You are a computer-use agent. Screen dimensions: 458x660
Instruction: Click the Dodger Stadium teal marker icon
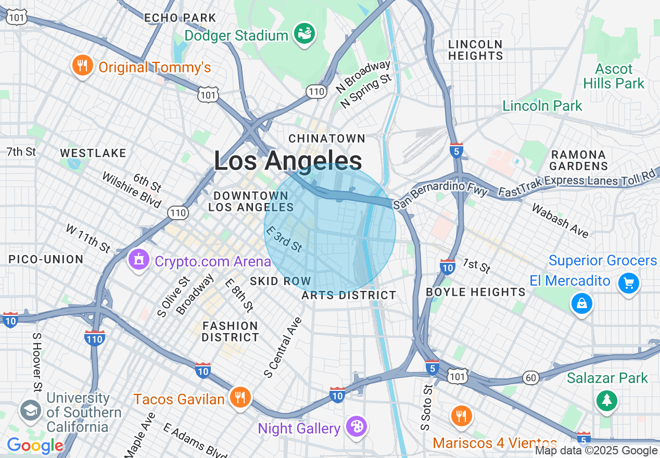click(x=304, y=34)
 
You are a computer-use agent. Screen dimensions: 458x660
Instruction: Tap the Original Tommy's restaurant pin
click(x=82, y=66)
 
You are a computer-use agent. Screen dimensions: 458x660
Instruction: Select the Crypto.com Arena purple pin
click(x=139, y=260)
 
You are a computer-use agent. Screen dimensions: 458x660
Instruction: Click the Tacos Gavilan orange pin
click(x=240, y=398)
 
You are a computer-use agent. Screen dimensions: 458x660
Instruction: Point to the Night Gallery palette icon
click(x=357, y=427)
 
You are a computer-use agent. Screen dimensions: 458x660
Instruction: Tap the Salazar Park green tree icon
click(x=607, y=400)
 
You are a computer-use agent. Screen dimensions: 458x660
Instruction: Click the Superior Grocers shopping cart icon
click(x=628, y=283)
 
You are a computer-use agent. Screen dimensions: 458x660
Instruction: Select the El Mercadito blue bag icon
click(x=581, y=302)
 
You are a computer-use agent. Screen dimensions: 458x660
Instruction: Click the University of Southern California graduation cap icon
click(x=31, y=411)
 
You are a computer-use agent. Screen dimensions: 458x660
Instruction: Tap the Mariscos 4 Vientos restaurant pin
click(x=461, y=415)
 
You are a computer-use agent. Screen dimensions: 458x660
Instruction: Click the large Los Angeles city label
click(x=288, y=161)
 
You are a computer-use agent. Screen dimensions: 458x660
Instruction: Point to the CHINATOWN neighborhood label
click(x=327, y=138)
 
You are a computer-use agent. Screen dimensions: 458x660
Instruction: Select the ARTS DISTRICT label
click(x=349, y=295)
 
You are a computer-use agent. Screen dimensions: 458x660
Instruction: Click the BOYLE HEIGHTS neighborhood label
click(x=475, y=292)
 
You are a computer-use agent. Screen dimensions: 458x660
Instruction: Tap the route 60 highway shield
click(x=531, y=378)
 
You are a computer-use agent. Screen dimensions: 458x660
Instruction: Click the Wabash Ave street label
click(x=560, y=220)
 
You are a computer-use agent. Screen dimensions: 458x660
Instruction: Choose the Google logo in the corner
click(x=35, y=446)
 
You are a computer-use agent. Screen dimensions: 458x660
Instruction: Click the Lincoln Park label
click(x=542, y=106)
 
